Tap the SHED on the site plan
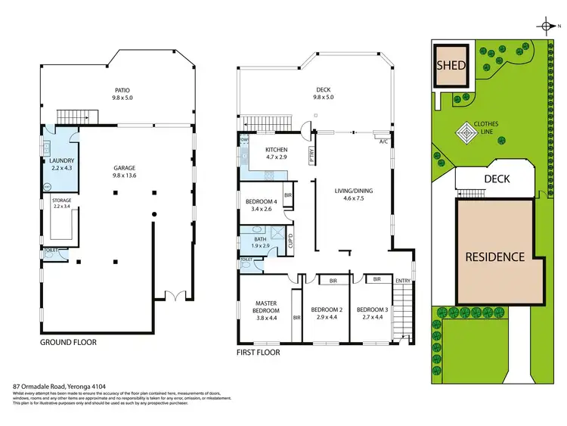451,65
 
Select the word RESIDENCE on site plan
494,257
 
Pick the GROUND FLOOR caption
68,342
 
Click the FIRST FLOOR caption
259,353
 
